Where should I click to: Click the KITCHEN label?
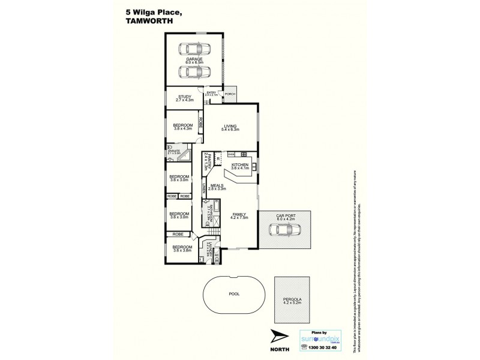240,166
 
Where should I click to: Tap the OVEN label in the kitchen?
231,154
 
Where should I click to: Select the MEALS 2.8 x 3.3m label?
217,187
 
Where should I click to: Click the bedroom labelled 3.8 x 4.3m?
182,127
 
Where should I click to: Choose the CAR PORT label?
284,218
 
